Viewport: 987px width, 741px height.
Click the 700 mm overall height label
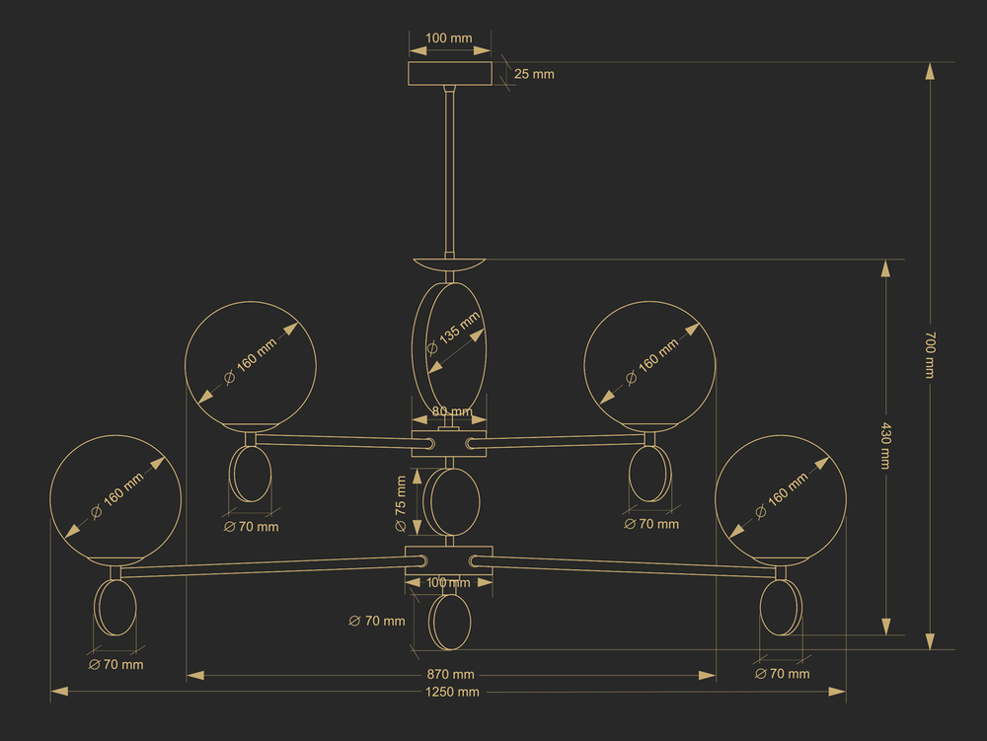click(930, 355)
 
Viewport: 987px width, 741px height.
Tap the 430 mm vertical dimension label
click(885, 446)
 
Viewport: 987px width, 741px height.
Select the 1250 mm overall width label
click(452, 692)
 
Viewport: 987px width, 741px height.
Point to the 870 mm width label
click(451, 674)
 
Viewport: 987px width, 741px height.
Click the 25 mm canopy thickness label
click(534, 74)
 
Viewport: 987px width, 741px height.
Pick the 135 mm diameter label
click(454, 334)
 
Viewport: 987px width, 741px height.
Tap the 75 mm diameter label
click(401, 503)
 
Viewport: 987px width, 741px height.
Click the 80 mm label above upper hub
click(452, 411)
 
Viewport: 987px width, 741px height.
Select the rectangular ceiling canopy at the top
click(449, 74)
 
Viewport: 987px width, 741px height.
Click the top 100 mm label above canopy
click(448, 37)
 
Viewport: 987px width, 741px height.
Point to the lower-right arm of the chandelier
click(623, 564)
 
